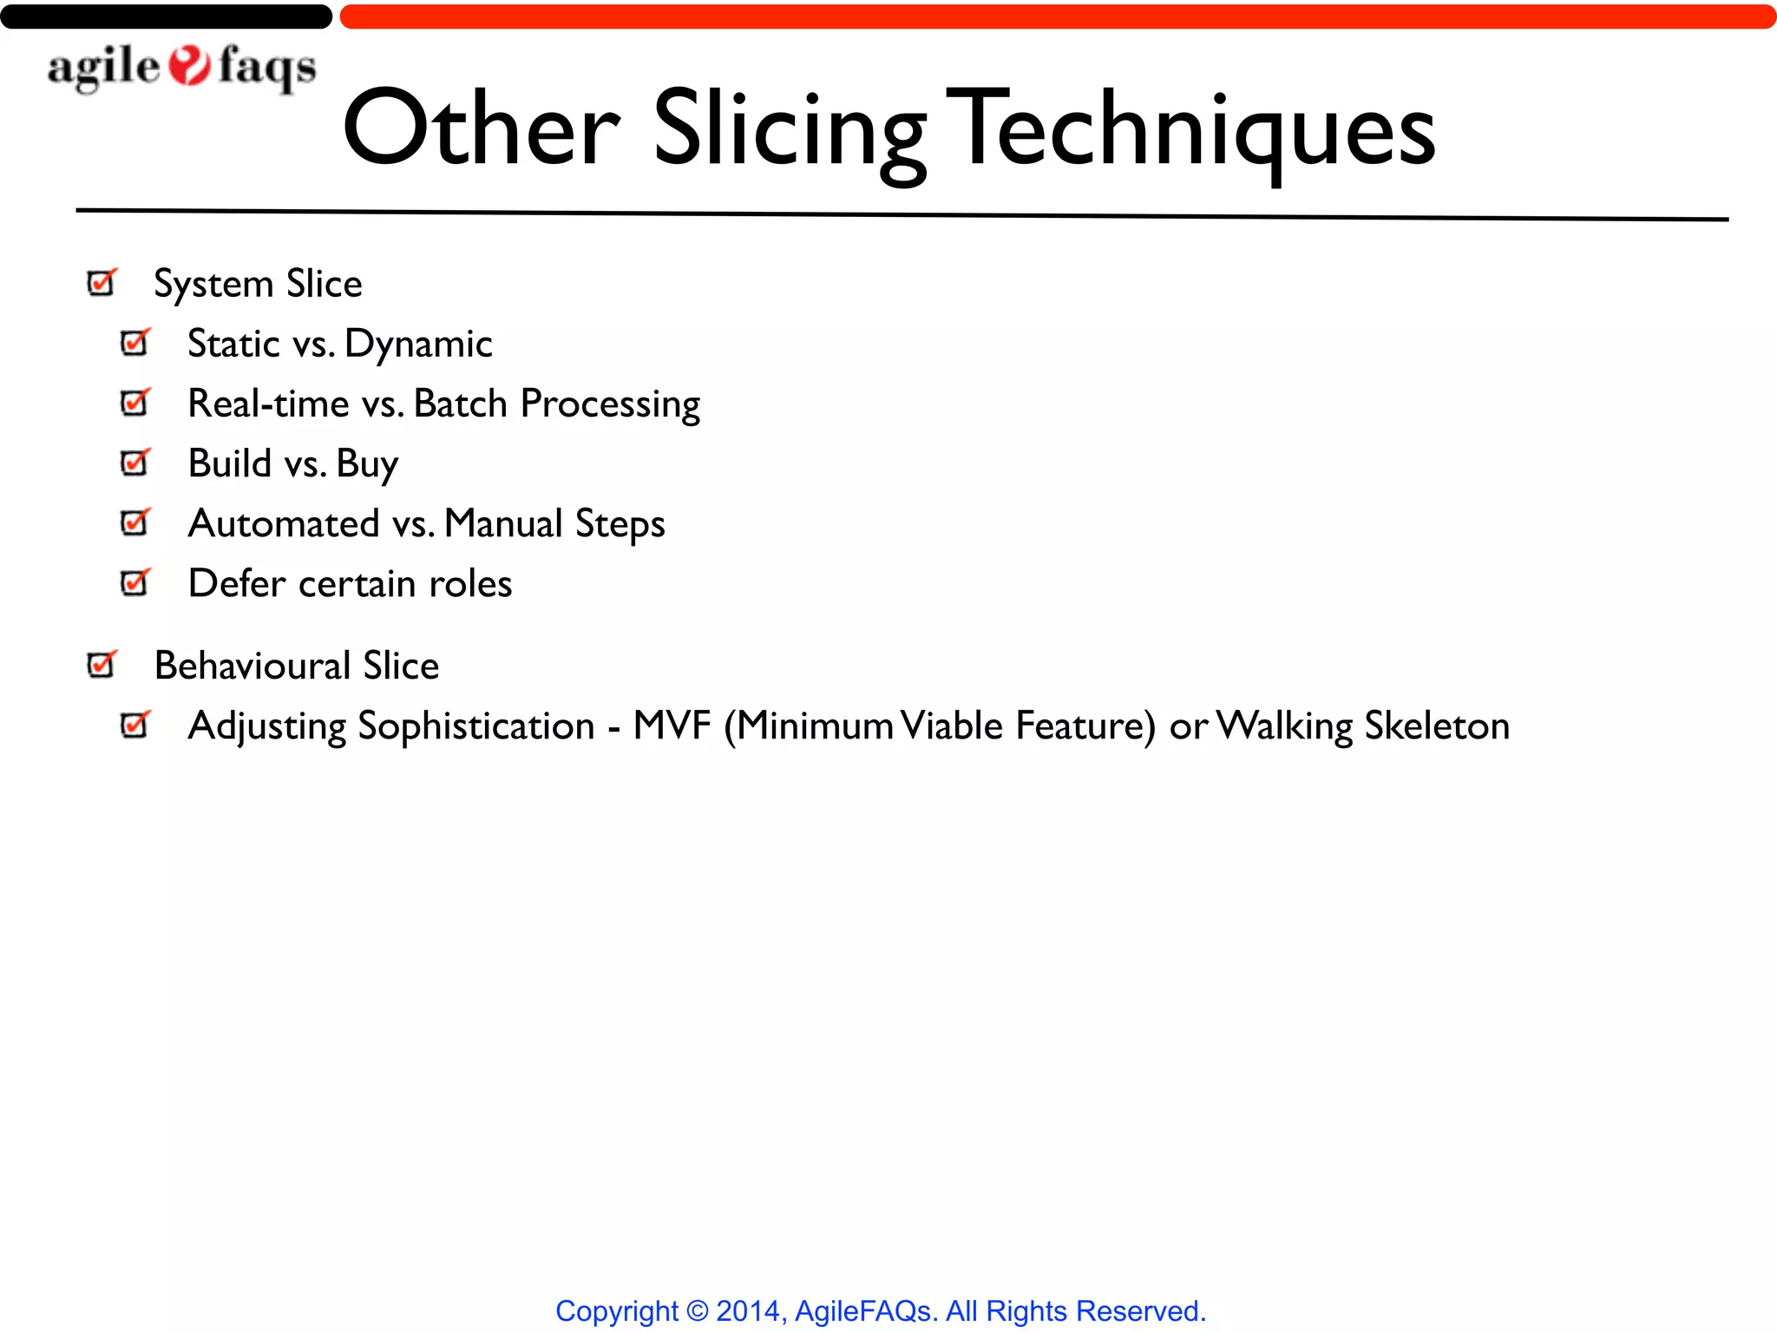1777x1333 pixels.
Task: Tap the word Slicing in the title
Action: click(790, 130)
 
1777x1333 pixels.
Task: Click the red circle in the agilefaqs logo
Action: click(189, 66)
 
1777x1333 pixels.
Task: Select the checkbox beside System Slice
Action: click(101, 283)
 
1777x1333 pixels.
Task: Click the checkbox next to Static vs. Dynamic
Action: click(134, 343)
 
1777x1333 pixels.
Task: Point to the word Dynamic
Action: click(418, 345)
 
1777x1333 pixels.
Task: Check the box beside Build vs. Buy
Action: click(134, 463)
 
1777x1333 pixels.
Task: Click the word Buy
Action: click(367, 464)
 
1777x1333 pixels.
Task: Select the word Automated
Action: click(284, 523)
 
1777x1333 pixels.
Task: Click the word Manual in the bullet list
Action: click(503, 523)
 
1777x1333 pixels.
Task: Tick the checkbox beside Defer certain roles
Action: click(134, 582)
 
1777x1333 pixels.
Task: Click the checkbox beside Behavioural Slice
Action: click(101, 665)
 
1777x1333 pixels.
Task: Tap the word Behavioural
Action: click(252, 666)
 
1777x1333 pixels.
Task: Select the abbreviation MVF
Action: click(672, 726)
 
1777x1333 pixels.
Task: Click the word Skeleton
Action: click(1436, 726)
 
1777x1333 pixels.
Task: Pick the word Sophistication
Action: click(475, 726)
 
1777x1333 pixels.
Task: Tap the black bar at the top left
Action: click(165, 16)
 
